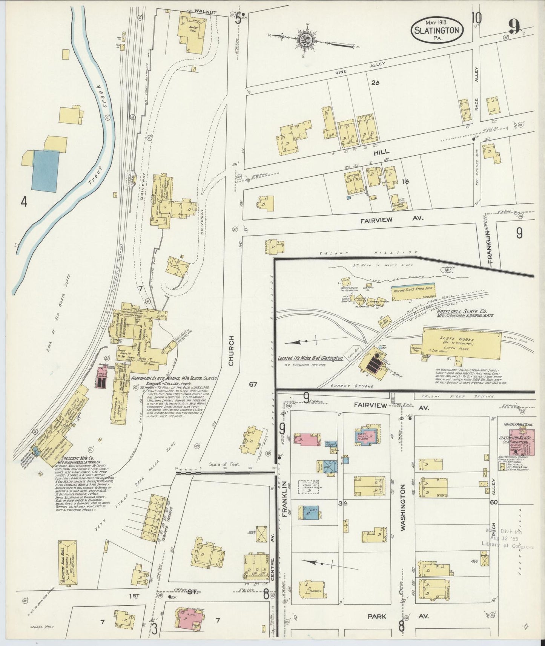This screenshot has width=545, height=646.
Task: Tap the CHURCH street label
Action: [x=231, y=351]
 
